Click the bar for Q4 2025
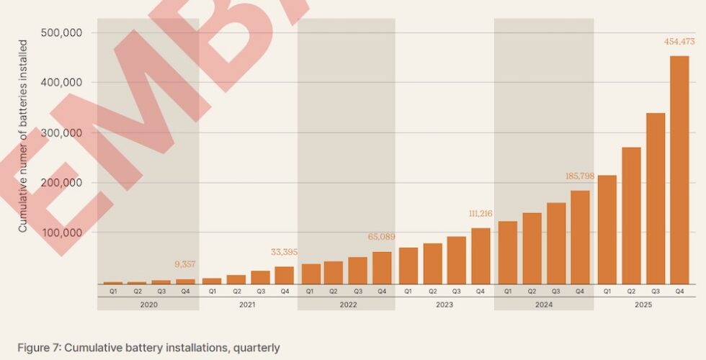pos(679,170)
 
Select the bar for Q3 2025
pos(655,198)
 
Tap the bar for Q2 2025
pos(631,215)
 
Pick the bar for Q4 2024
pos(581,237)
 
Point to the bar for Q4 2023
pos(481,256)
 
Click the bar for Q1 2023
pos(408,266)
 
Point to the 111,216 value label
pos(482,214)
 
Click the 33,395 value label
pos(283,252)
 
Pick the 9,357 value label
pos(185,264)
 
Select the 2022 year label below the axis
pos(347,305)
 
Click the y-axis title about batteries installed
pos(23,136)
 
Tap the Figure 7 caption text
pos(148,348)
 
